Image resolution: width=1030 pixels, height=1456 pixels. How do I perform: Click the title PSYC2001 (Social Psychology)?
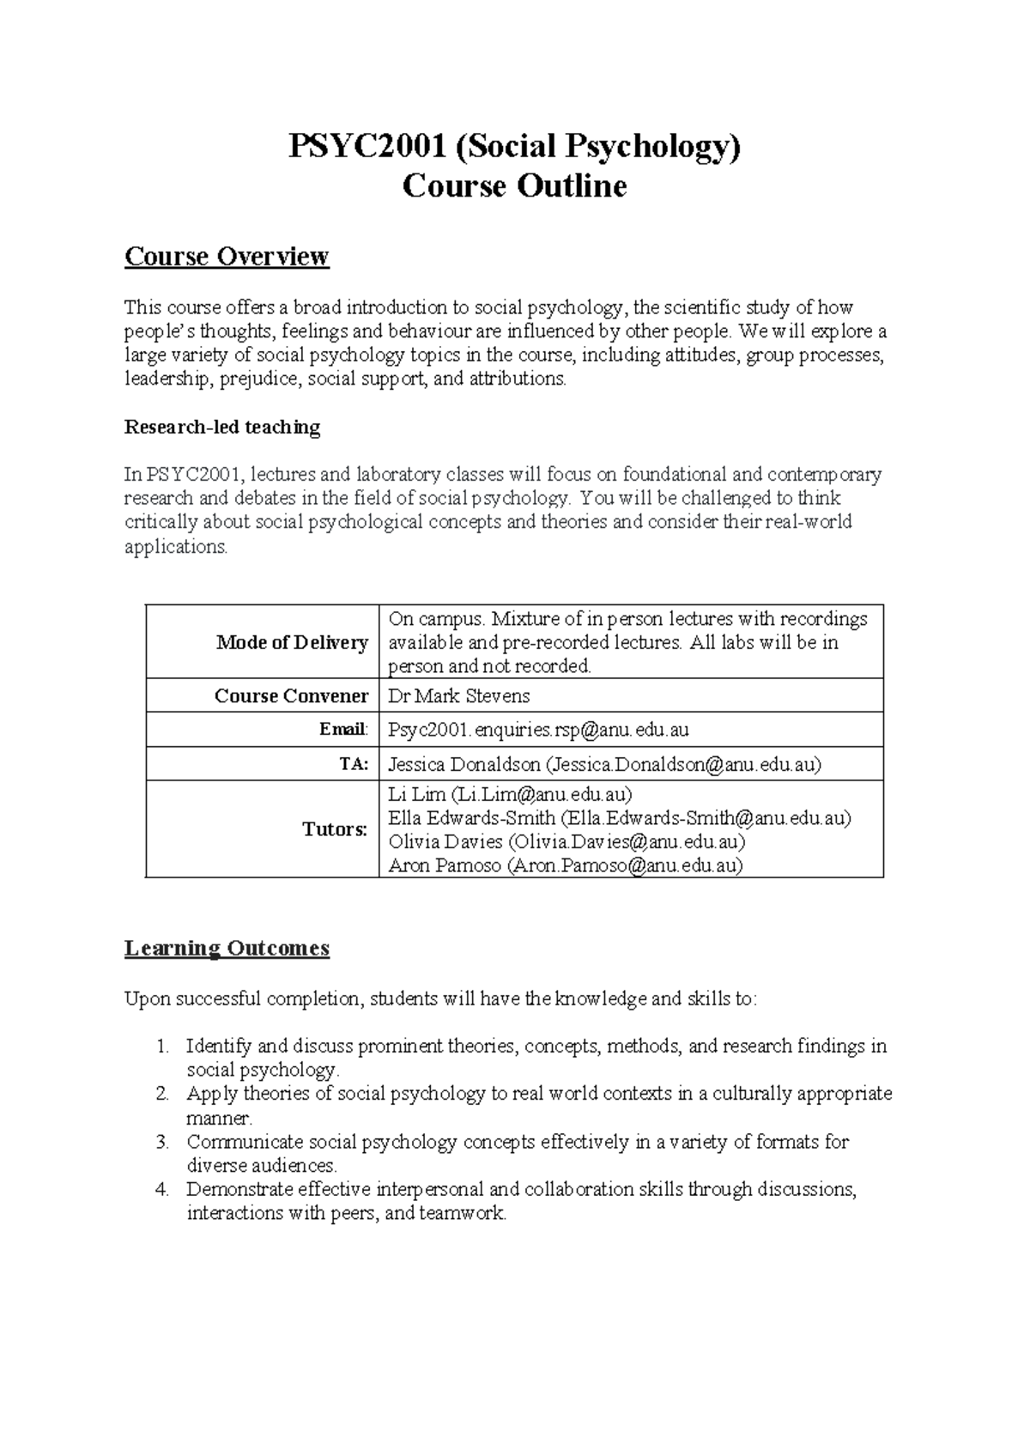tap(514, 148)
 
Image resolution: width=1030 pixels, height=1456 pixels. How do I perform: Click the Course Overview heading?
tap(227, 256)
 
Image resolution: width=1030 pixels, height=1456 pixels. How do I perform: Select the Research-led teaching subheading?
tap(222, 427)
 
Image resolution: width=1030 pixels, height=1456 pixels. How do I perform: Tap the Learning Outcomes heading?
tap(227, 948)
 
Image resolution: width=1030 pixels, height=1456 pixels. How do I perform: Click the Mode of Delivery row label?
tap(292, 642)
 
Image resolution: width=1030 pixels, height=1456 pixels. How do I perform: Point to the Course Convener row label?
tap(291, 695)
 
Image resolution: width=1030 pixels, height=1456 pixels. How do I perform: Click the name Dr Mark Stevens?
tap(459, 695)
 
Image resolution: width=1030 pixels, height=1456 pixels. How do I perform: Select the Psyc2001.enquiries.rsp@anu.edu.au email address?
tap(538, 730)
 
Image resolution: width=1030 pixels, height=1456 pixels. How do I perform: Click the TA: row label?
tap(353, 764)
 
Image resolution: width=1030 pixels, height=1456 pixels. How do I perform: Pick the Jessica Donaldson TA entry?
tap(604, 764)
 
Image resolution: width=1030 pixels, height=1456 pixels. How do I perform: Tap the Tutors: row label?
tap(335, 829)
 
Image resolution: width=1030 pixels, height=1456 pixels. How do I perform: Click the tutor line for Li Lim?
tap(510, 794)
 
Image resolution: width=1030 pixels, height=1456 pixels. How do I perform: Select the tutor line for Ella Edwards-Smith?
tap(619, 818)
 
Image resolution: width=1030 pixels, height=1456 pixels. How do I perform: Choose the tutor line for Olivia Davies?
tap(566, 841)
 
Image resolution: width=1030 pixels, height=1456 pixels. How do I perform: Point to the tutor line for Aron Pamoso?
tap(565, 865)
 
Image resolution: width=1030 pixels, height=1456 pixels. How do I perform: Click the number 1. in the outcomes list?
tap(164, 1046)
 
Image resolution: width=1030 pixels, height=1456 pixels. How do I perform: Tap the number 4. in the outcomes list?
tap(163, 1190)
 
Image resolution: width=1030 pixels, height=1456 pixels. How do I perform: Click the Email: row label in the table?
tap(343, 730)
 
